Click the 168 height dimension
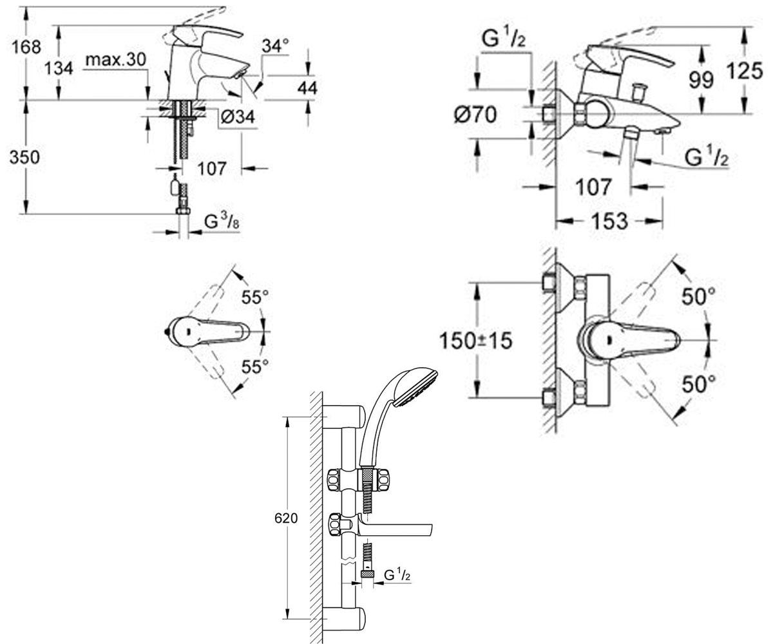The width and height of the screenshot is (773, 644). pos(26,48)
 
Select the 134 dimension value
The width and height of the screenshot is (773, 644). pos(59,69)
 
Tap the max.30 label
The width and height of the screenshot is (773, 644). pos(116,60)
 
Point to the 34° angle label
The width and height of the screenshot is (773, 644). pos(275,46)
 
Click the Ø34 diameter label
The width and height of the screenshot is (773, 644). pos(238,117)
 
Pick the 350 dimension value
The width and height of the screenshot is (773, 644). pos(24,157)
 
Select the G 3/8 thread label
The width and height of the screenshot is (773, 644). pos(222,222)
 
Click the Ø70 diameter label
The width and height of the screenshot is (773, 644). pos(475,115)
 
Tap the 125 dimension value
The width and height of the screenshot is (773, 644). pos(744,71)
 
